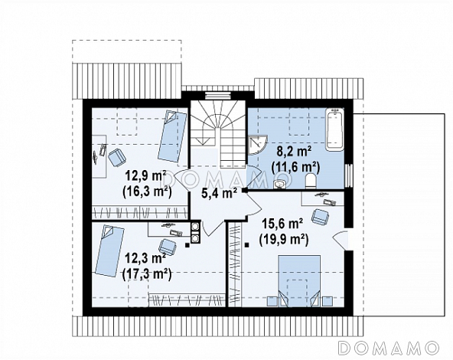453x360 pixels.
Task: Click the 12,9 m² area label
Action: [x=146, y=176]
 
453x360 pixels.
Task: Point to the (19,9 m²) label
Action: [x=284, y=240]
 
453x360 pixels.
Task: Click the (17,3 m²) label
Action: [x=147, y=274]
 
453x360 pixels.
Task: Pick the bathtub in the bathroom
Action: [x=335, y=129]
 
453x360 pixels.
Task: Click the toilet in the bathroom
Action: [x=311, y=182]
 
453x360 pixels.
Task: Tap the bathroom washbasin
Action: [x=279, y=184]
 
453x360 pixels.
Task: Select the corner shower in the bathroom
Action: [x=258, y=146]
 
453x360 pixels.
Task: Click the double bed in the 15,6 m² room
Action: [x=299, y=280]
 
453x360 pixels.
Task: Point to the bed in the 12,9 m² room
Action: [x=172, y=136]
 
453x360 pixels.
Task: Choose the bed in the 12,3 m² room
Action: [x=109, y=251]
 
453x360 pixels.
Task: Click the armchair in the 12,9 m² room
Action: [x=117, y=157]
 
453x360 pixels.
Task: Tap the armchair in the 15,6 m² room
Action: [x=320, y=216]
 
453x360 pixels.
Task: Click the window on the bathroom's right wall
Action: [x=349, y=175]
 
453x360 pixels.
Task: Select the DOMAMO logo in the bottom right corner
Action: [x=389, y=348]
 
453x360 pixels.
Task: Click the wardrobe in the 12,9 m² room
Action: [x=139, y=213]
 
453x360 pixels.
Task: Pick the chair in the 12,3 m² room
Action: [x=168, y=247]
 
